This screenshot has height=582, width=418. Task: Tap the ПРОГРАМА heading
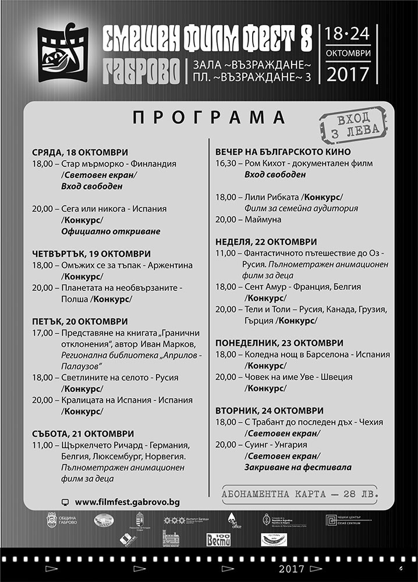click(209, 118)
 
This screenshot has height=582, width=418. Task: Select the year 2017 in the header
click(348, 74)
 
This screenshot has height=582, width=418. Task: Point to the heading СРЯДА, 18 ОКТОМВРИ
click(80, 152)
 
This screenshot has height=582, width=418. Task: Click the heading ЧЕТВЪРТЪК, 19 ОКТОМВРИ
click(91, 254)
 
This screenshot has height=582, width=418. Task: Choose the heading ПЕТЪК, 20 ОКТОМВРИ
click(79, 321)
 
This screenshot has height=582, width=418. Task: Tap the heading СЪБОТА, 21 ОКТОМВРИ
click(83, 434)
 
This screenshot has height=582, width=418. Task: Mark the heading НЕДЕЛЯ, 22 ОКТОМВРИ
click(266, 242)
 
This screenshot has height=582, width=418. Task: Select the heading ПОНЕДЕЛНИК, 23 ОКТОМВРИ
click(279, 343)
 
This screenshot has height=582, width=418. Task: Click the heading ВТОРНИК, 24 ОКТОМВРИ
click(270, 410)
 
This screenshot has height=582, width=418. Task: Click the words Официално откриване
click(110, 231)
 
